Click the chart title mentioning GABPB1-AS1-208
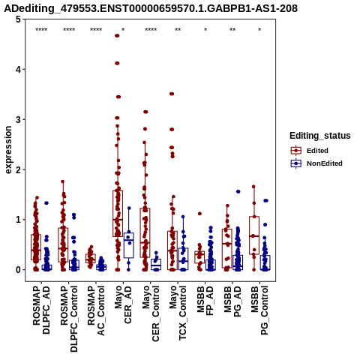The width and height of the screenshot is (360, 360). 151,8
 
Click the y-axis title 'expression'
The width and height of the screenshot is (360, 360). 8,150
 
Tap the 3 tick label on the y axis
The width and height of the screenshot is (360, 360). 19,119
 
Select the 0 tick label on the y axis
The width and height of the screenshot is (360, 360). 19,270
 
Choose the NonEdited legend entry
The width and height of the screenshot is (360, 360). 316,163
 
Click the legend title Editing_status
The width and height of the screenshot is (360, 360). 320,136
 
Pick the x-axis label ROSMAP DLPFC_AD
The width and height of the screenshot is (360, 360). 41,310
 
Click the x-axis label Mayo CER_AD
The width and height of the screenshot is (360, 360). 123,304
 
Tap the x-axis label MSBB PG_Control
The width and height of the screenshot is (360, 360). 259,310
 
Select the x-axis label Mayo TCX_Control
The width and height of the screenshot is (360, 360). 178,313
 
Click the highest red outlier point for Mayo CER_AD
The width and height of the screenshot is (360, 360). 117,36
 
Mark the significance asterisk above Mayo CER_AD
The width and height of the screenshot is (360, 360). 123,30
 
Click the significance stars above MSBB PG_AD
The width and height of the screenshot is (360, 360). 232,30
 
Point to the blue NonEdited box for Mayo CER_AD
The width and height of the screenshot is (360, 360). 129,245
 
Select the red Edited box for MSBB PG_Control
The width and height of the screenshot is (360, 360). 254,235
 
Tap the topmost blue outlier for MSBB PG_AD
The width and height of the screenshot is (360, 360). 238,191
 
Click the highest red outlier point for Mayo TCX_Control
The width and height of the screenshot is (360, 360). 172,94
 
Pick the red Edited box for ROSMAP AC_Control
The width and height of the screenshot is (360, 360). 91,258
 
